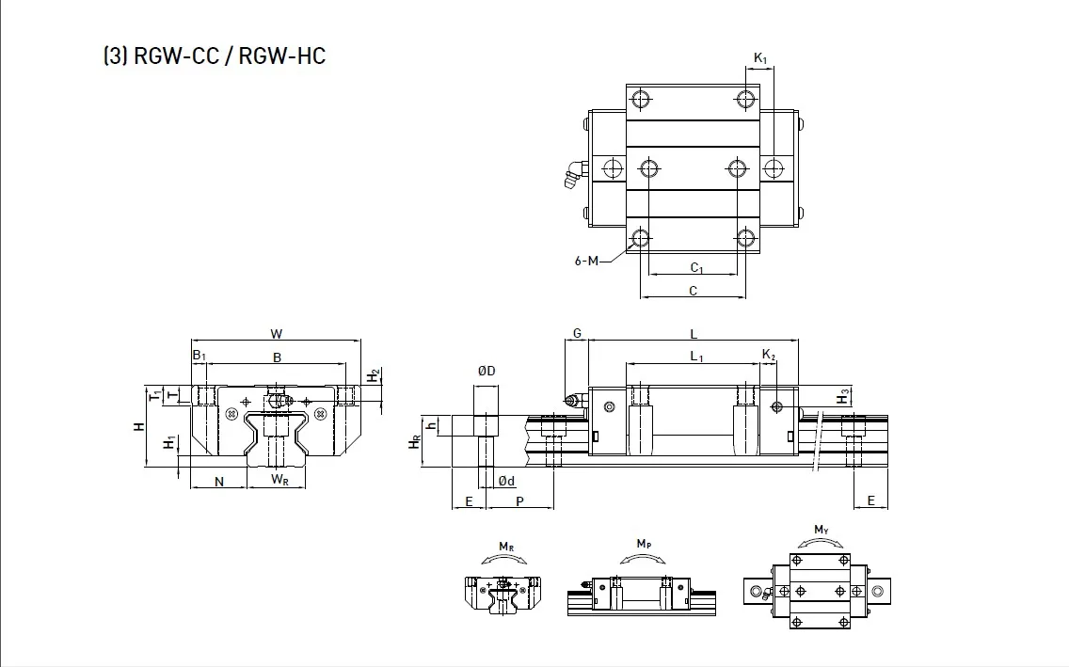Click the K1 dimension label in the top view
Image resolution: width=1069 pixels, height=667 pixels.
[760, 59]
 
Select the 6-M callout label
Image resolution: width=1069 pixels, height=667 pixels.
[586, 261]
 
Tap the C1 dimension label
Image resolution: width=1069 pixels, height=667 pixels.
[696, 268]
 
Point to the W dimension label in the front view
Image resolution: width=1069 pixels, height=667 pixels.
[276, 333]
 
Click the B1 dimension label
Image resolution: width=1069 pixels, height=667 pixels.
[199, 356]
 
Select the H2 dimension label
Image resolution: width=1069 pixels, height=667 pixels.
[374, 376]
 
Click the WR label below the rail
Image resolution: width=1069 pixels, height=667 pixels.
[279, 480]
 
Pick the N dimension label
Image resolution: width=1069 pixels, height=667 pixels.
[218, 482]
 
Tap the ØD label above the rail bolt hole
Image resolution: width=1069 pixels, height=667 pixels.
[486, 372]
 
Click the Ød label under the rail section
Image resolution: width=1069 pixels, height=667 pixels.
[506, 481]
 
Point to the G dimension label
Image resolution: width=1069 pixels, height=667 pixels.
[577, 333]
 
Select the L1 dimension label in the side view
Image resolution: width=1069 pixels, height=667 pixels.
[696, 356]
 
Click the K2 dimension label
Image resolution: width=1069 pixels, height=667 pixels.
[769, 355]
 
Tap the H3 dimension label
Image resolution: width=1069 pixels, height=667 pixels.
[843, 396]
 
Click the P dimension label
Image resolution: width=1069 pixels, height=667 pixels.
[519, 501]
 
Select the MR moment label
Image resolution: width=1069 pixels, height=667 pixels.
[505, 547]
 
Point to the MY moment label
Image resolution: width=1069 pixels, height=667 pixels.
[822, 530]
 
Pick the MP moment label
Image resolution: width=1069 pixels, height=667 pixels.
[644, 544]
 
